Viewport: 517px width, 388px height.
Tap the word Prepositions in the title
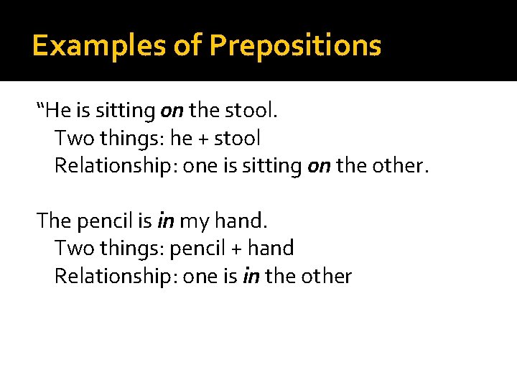click(x=295, y=46)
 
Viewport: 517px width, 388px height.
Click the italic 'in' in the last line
click(x=251, y=277)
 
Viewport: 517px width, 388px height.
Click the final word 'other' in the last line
click(x=327, y=277)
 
